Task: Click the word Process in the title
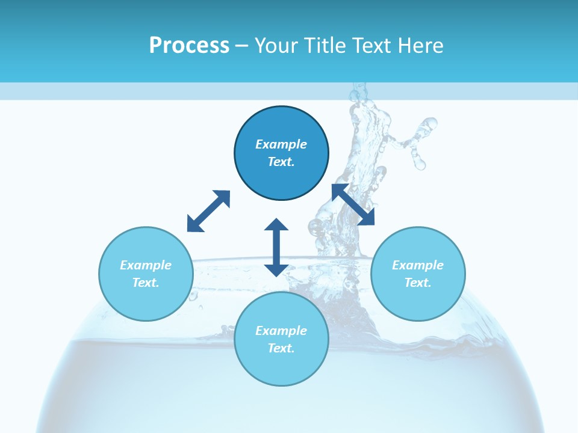[189, 46]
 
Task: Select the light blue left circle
[146, 301]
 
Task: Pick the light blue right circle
[418, 301]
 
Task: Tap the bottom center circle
[281, 367]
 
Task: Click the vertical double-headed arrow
[276, 247]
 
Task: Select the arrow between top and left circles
[208, 211]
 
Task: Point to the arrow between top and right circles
[353, 205]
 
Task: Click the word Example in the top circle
[281, 144]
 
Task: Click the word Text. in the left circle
[146, 283]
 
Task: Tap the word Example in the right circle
[418, 265]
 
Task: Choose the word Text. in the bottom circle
[281, 348]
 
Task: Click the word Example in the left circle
[146, 265]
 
